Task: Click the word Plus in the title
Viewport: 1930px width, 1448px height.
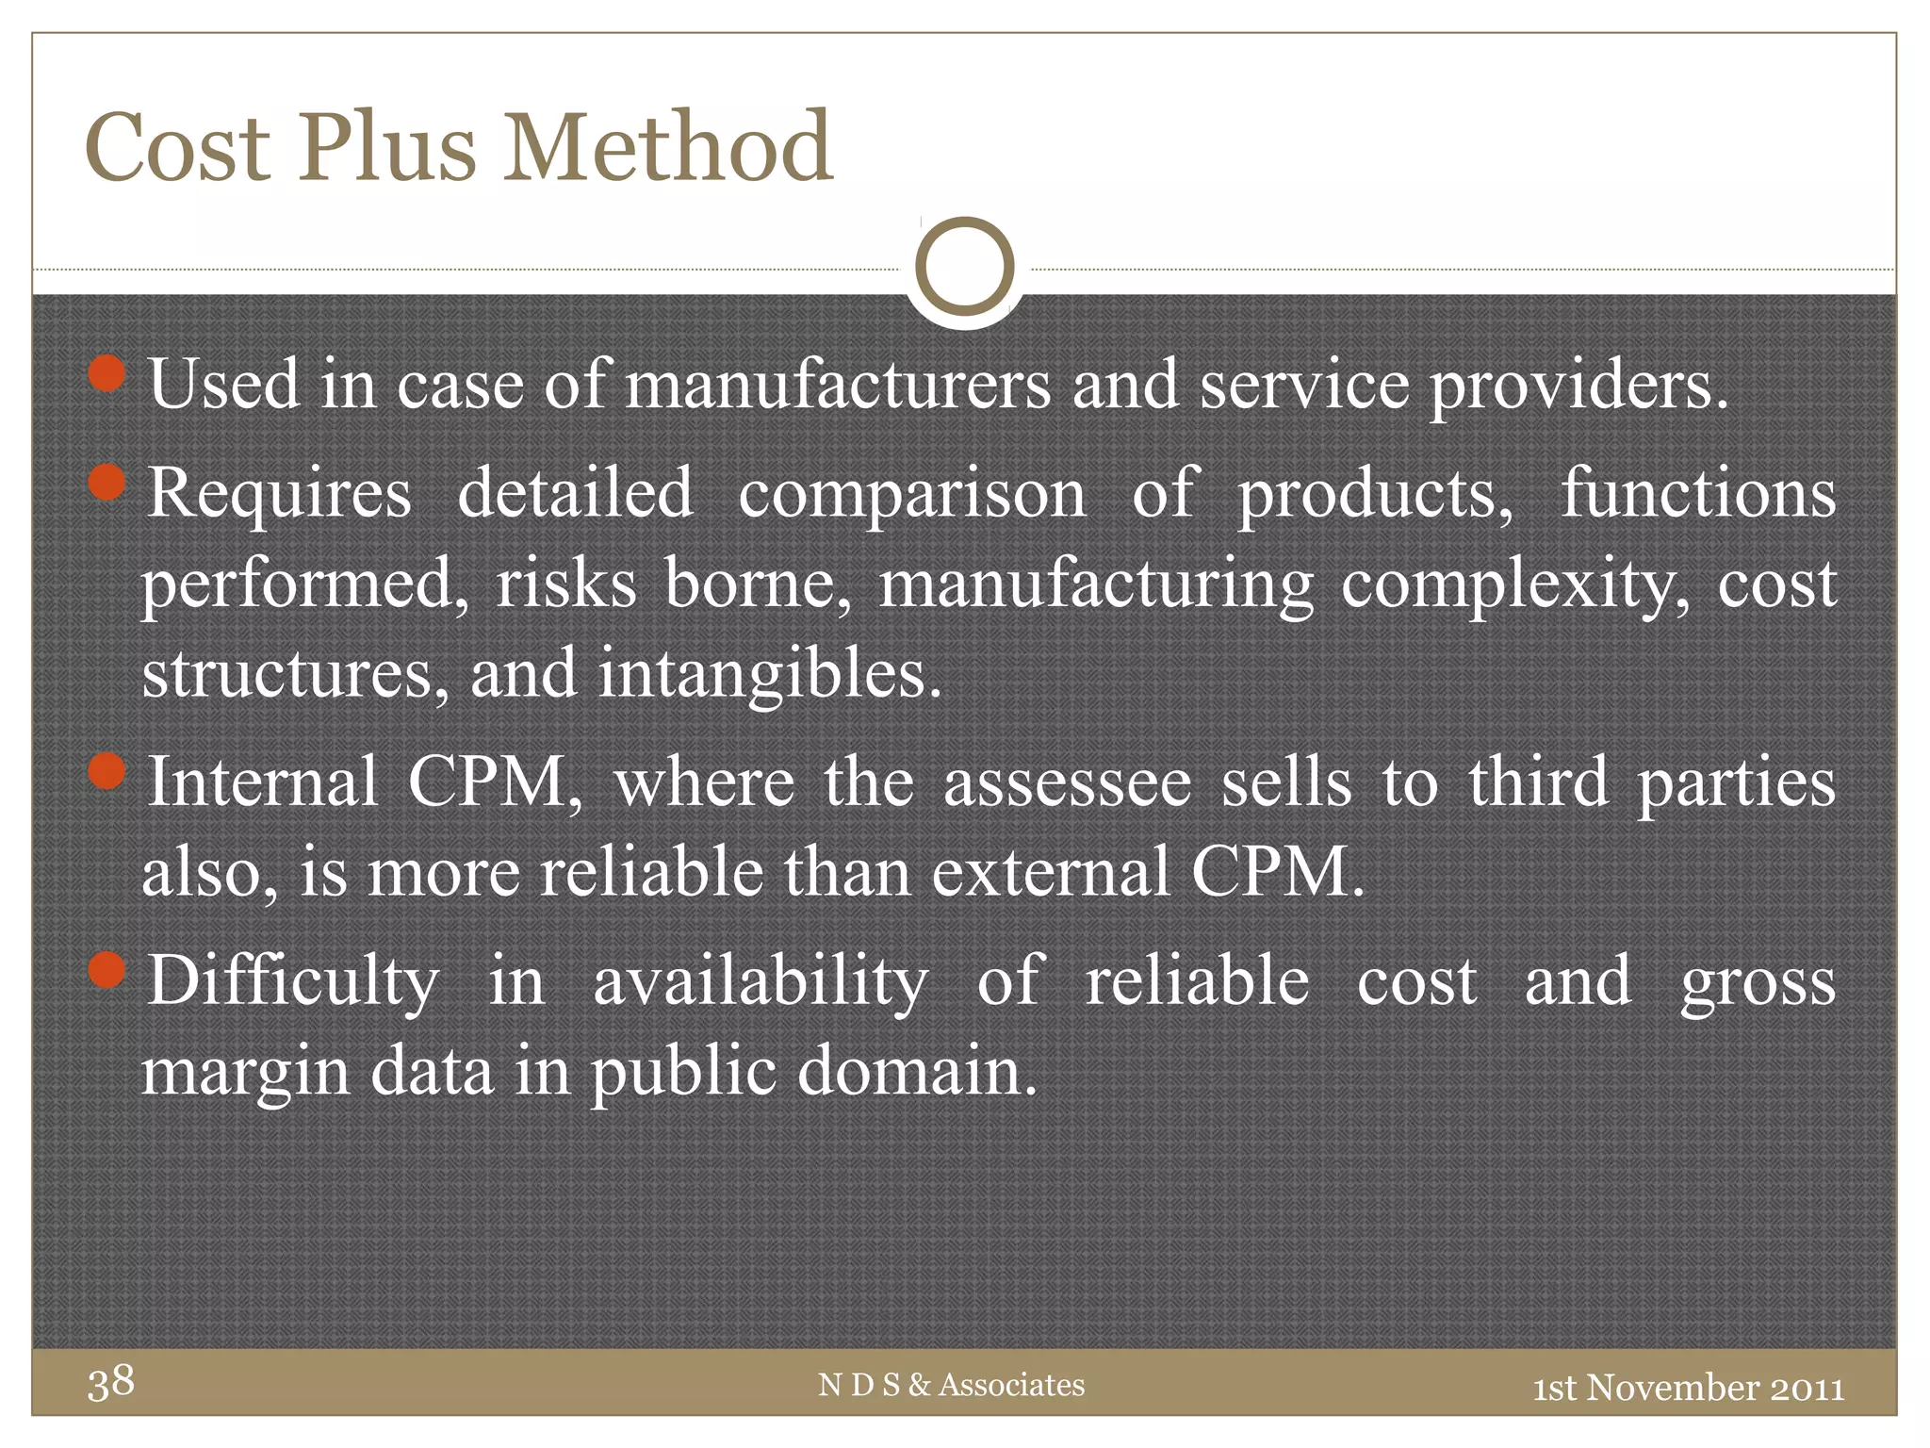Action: pos(388,148)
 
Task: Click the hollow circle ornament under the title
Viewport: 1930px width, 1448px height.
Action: pos(964,266)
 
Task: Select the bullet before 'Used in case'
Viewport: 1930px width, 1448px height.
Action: pos(107,373)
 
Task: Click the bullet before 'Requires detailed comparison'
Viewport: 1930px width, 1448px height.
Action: pos(107,483)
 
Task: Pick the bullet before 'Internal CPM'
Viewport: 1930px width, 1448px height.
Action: pos(107,771)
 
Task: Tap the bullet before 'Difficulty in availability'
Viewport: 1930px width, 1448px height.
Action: pos(107,970)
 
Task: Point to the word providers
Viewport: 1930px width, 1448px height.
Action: pos(1578,387)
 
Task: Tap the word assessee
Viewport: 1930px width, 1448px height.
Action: pos(1067,782)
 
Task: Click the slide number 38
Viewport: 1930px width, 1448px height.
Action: pos(111,1382)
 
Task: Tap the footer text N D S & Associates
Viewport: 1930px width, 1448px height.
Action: pos(951,1384)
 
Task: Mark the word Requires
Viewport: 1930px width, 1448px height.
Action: pos(280,494)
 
